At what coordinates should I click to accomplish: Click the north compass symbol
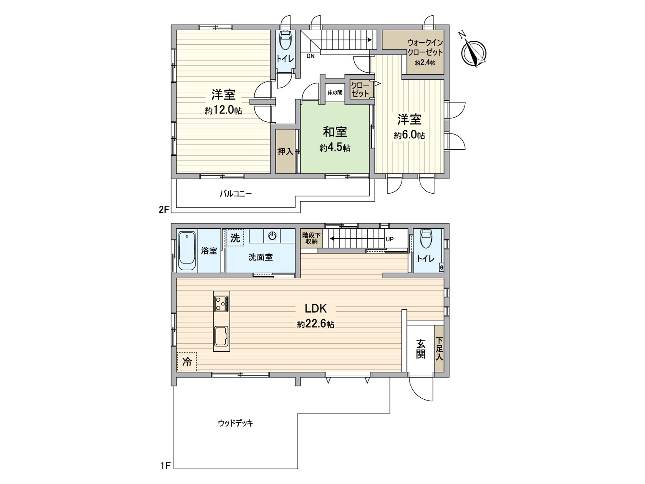click(x=473, y=52)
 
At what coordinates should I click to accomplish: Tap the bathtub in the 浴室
click(x=187, y=250)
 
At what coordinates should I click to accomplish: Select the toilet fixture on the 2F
click(x=285, y=41)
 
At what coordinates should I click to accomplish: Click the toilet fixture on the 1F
click(x=427, y=239)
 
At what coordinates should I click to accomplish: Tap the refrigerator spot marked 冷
click(x=187, y=361)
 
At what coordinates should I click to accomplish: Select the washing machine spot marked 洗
click(x=235, y=238)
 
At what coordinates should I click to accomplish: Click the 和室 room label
click(x=335, y=132)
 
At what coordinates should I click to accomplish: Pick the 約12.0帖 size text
click(x=223, y=111)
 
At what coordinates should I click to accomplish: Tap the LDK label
click(x=315, y=309)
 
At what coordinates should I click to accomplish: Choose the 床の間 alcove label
click(x=335, y=93)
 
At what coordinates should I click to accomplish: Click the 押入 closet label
click(x=285, y=152)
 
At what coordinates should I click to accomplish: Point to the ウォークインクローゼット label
click(x=425, y=48)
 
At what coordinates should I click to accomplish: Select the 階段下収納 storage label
click(x=311, y=238)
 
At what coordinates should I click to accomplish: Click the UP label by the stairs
click(x=389, y=239)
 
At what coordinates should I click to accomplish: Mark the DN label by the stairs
click(x=310, y=56)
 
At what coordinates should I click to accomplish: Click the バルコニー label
click(x=236, y=194)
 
